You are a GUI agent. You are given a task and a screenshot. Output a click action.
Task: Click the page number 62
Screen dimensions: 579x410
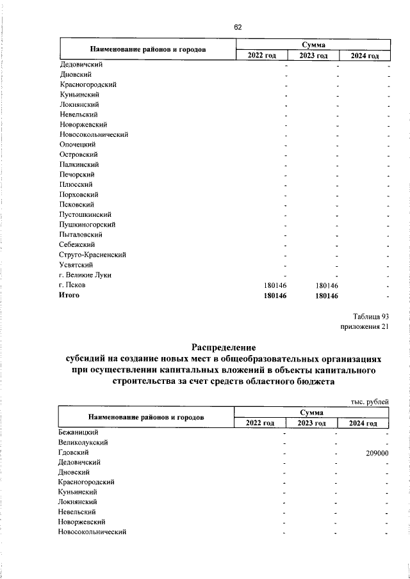237,27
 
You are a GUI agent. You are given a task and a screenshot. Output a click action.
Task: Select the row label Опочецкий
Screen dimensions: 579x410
78,145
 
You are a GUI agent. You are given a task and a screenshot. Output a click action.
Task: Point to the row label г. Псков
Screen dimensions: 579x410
72,285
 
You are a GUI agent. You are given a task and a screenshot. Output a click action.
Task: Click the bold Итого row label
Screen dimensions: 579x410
69,295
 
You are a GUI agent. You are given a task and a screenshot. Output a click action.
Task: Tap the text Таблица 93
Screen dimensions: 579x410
371,316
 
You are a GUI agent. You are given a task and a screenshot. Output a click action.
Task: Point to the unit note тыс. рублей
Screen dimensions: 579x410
370,401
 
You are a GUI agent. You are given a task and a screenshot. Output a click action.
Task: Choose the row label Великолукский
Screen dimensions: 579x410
83,442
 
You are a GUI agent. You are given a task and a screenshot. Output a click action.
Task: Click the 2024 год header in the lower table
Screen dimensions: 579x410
363,423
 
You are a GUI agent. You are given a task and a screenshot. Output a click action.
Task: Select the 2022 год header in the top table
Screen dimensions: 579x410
262,56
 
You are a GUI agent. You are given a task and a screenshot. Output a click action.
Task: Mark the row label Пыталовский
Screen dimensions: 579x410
81,235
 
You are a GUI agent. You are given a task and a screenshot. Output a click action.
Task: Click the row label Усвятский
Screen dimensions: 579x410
76,265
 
